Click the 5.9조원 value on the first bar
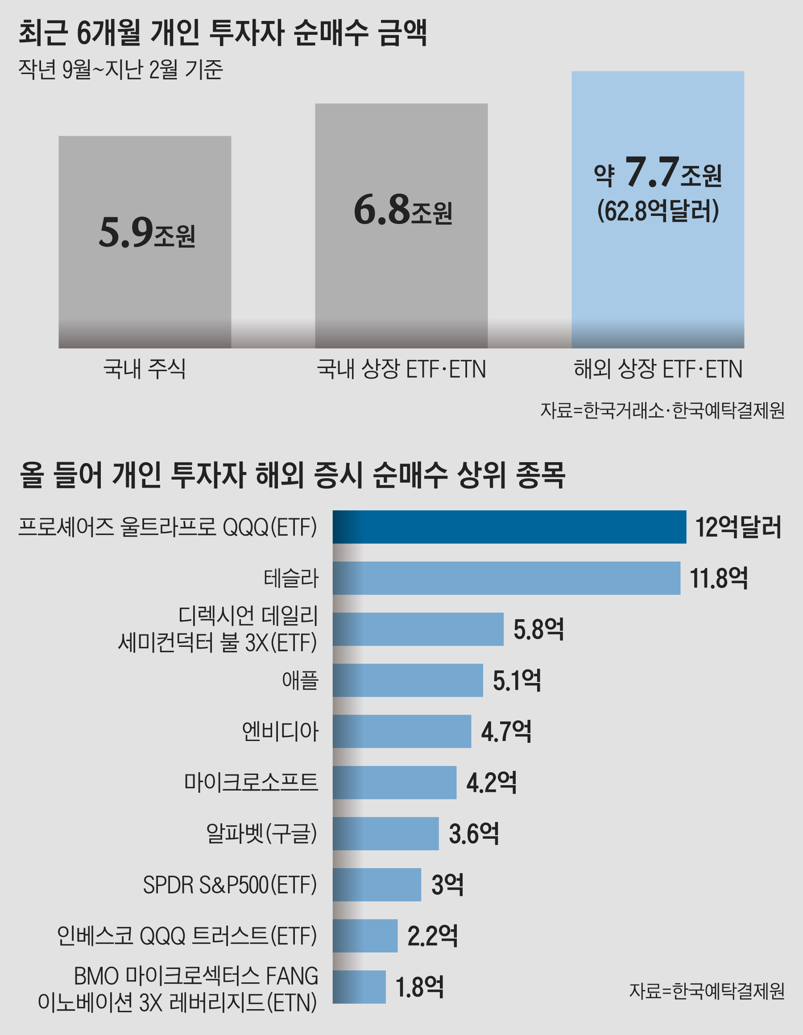tap(147, 233)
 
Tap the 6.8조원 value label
tap(402, 210)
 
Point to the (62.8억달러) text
tap(658, 211)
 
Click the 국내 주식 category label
tap(145, 368)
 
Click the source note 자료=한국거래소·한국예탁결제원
tap(662, 410)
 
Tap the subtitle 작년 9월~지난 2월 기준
tap(120, 69)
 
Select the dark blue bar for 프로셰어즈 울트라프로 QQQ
tap(509, 527)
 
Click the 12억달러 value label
tap(737, 527)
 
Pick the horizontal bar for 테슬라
tap(506, 578)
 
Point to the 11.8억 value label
tap(718, 579)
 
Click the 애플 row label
tap(300, 680)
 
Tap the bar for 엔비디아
tap(402, 731)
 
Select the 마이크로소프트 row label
tap(251, 782)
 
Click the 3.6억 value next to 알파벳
tap(474, 834)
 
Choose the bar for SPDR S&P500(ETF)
tap(377, 885)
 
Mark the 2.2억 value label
tap(432, 936)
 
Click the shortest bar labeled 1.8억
tap(359, 987)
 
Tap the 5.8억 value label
tap(538, 629)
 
